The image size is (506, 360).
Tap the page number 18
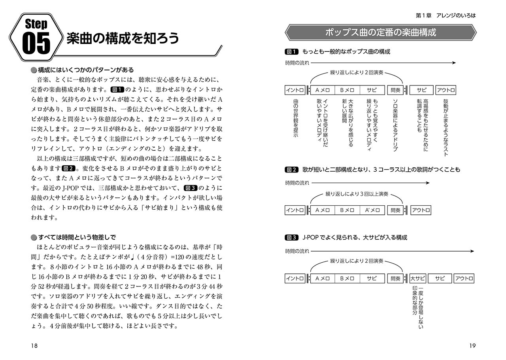coord(34,345)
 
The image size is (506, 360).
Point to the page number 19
coord(472,345)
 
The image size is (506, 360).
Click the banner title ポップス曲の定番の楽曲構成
coord(380,32)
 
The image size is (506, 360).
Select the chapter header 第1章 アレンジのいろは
coord(446,15)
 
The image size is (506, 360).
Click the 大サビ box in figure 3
coord(417,279)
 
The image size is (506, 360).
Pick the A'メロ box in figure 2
coord(372,210)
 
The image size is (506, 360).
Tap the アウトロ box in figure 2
coord(421,210)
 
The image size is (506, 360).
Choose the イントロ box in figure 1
coord(295,90)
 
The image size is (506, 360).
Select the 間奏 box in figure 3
coord(395,279)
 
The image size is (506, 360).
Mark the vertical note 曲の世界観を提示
coord(295,118)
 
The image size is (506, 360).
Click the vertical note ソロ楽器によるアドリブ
coord(395,125)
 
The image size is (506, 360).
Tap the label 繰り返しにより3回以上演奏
coord(357,194)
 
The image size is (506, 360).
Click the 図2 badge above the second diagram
coord(291,170)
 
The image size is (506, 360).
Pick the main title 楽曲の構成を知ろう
coord(123,38)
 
